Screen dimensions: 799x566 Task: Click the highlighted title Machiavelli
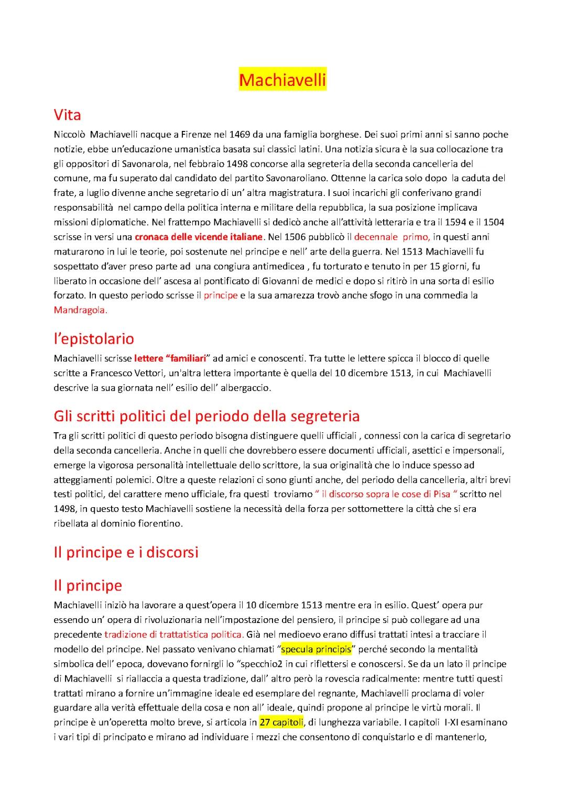282,80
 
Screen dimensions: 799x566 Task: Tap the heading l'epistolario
94,338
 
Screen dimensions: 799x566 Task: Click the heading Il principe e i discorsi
126,552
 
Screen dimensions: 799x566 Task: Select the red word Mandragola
80,310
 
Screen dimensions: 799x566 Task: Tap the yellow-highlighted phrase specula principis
316,650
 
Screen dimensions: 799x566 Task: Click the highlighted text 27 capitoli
281,723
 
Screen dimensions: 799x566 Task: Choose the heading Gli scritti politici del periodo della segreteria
206,416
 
